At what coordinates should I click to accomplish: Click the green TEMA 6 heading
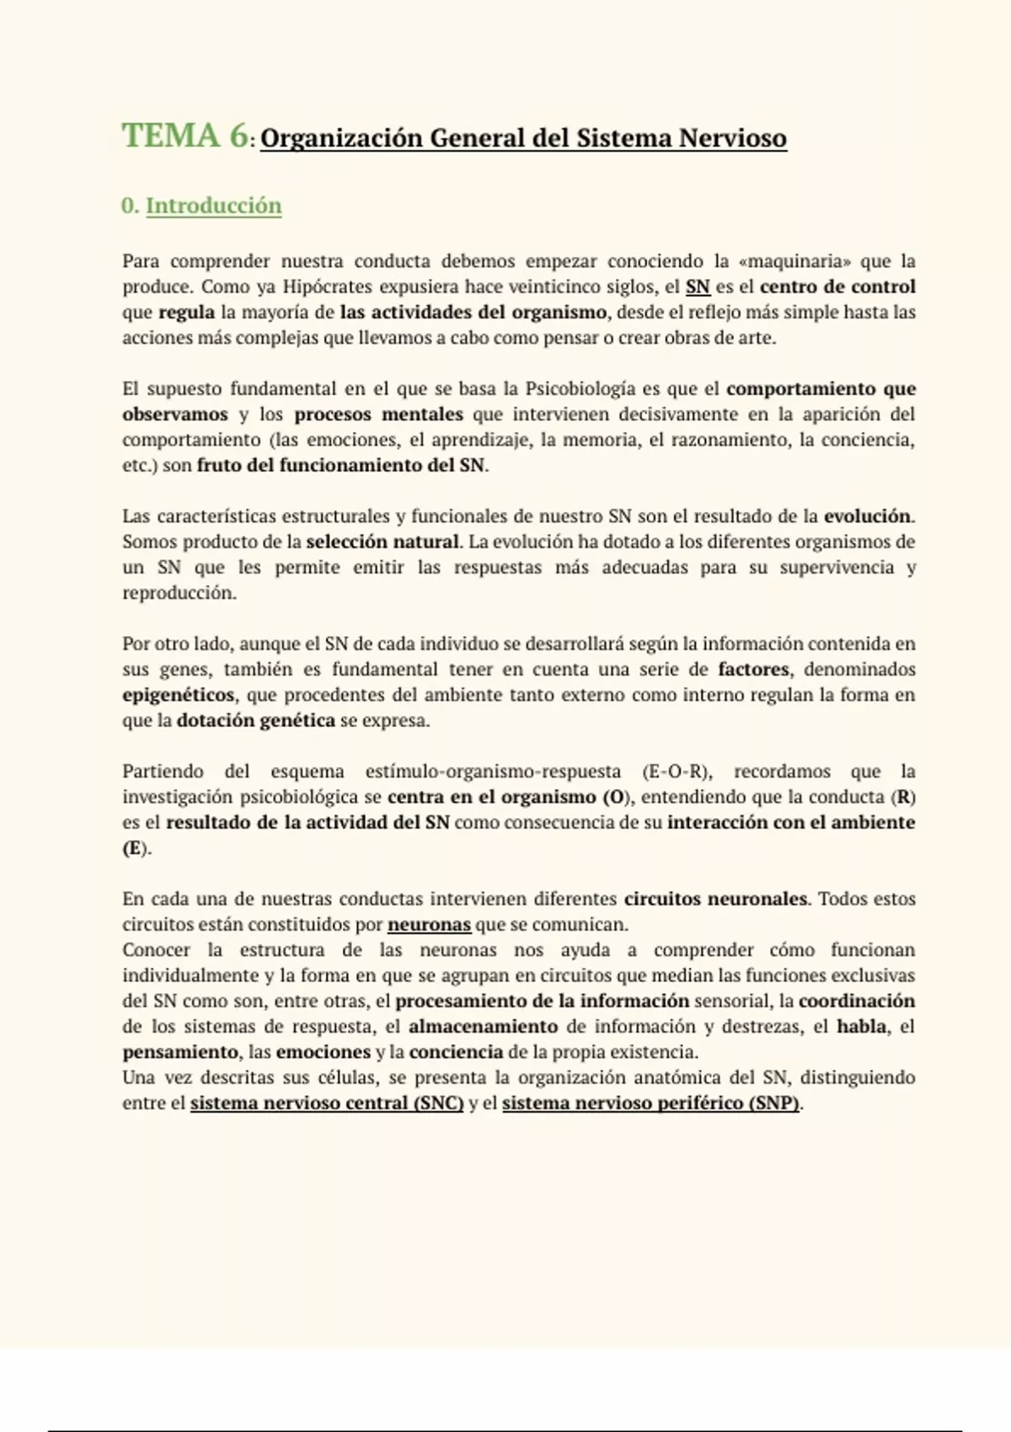[x=185, y=136]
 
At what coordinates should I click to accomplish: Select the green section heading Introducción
[x=213, y=206]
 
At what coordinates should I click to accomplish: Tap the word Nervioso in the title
[x=732, y=138]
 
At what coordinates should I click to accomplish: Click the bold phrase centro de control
[x=837, y=286]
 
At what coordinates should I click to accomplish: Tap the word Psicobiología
[x=580, y=389]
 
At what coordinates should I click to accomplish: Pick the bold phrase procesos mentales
[x=378, y=414]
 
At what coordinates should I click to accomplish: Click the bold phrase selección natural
[x=382, y=542]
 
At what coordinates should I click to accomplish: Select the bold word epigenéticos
[x=179, y=695]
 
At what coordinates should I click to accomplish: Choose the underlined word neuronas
[x=429, y=925]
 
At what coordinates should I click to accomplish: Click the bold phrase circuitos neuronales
[x=715, y=899]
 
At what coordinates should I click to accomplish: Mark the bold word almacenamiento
[x=483, y=1027]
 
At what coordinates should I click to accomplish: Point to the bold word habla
[x=861, y=1027]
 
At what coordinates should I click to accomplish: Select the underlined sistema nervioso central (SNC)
[x=327, y=1103]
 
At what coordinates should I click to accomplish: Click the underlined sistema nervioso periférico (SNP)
[x=650, y=1103]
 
